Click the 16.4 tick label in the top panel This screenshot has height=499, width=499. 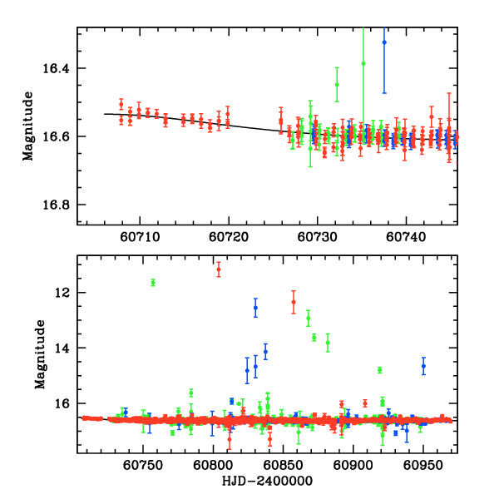point(61,68)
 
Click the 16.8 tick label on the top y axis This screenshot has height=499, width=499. point(61,205)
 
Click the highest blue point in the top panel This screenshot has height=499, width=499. point(384,42)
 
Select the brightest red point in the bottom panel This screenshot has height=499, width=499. point(219,269)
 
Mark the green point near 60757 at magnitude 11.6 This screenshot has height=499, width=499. point(153,283)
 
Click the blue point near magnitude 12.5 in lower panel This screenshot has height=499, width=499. point(255,308)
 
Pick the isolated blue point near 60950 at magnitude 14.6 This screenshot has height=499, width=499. point(423,366)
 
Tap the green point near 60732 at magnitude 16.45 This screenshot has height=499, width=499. point(337,84)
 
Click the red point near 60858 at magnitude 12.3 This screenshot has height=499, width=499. point(294,302)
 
